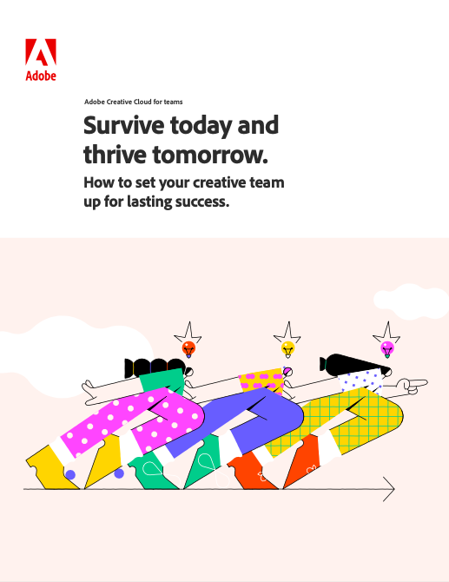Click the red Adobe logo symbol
41,52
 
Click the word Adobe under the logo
41,76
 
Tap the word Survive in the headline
124,125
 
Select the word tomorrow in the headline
210,155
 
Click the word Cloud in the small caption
142,102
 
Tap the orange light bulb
188,350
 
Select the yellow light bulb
287,350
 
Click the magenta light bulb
387,350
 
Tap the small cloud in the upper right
411,301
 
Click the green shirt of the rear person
162,380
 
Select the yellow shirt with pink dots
261,380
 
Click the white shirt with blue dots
360,381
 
